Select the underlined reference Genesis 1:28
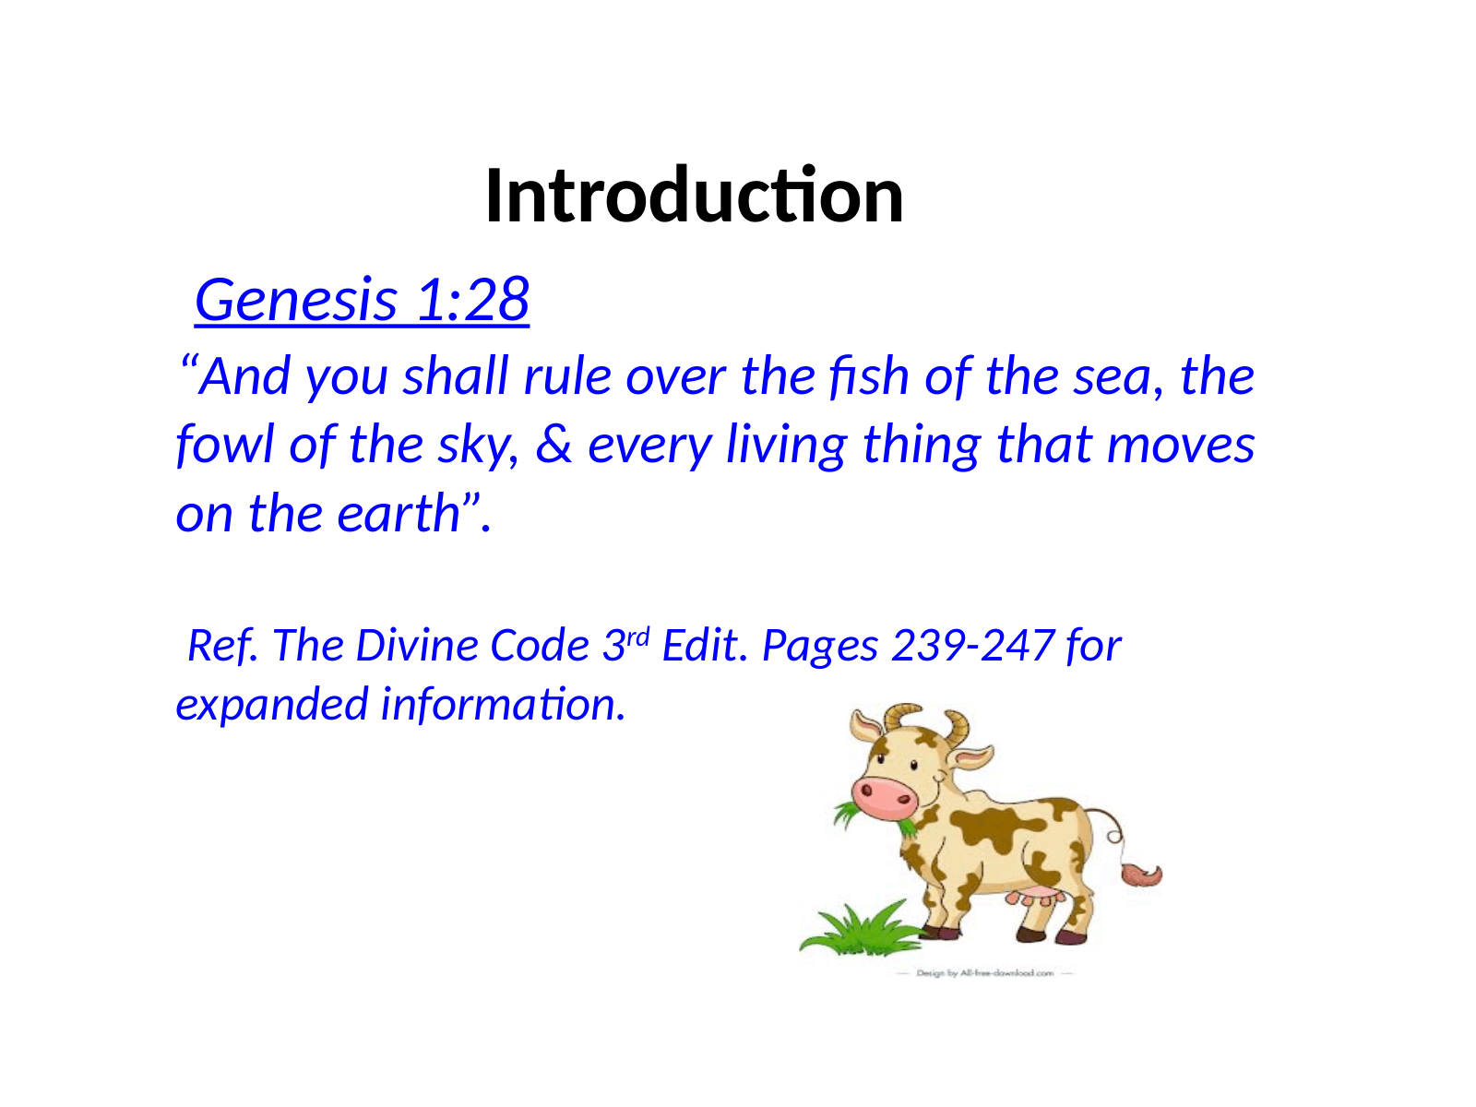pyautogui.click(x=362, y=300)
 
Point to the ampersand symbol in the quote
pyautogui.click(x=553, y=445)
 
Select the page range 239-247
pyautogui.click(x=972, y=645)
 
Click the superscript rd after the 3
pyautogui.click(x=638, y=636)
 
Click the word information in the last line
pyautogui.click(x=503, y=703)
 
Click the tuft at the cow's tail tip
pyautogui.click(x=1141, y=874)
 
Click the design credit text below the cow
pyautogui.click(x=984, y=972)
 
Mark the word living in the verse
pyautogui.click(x=786, y=445)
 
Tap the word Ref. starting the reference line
pyautogui.click(x=222, y=645)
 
